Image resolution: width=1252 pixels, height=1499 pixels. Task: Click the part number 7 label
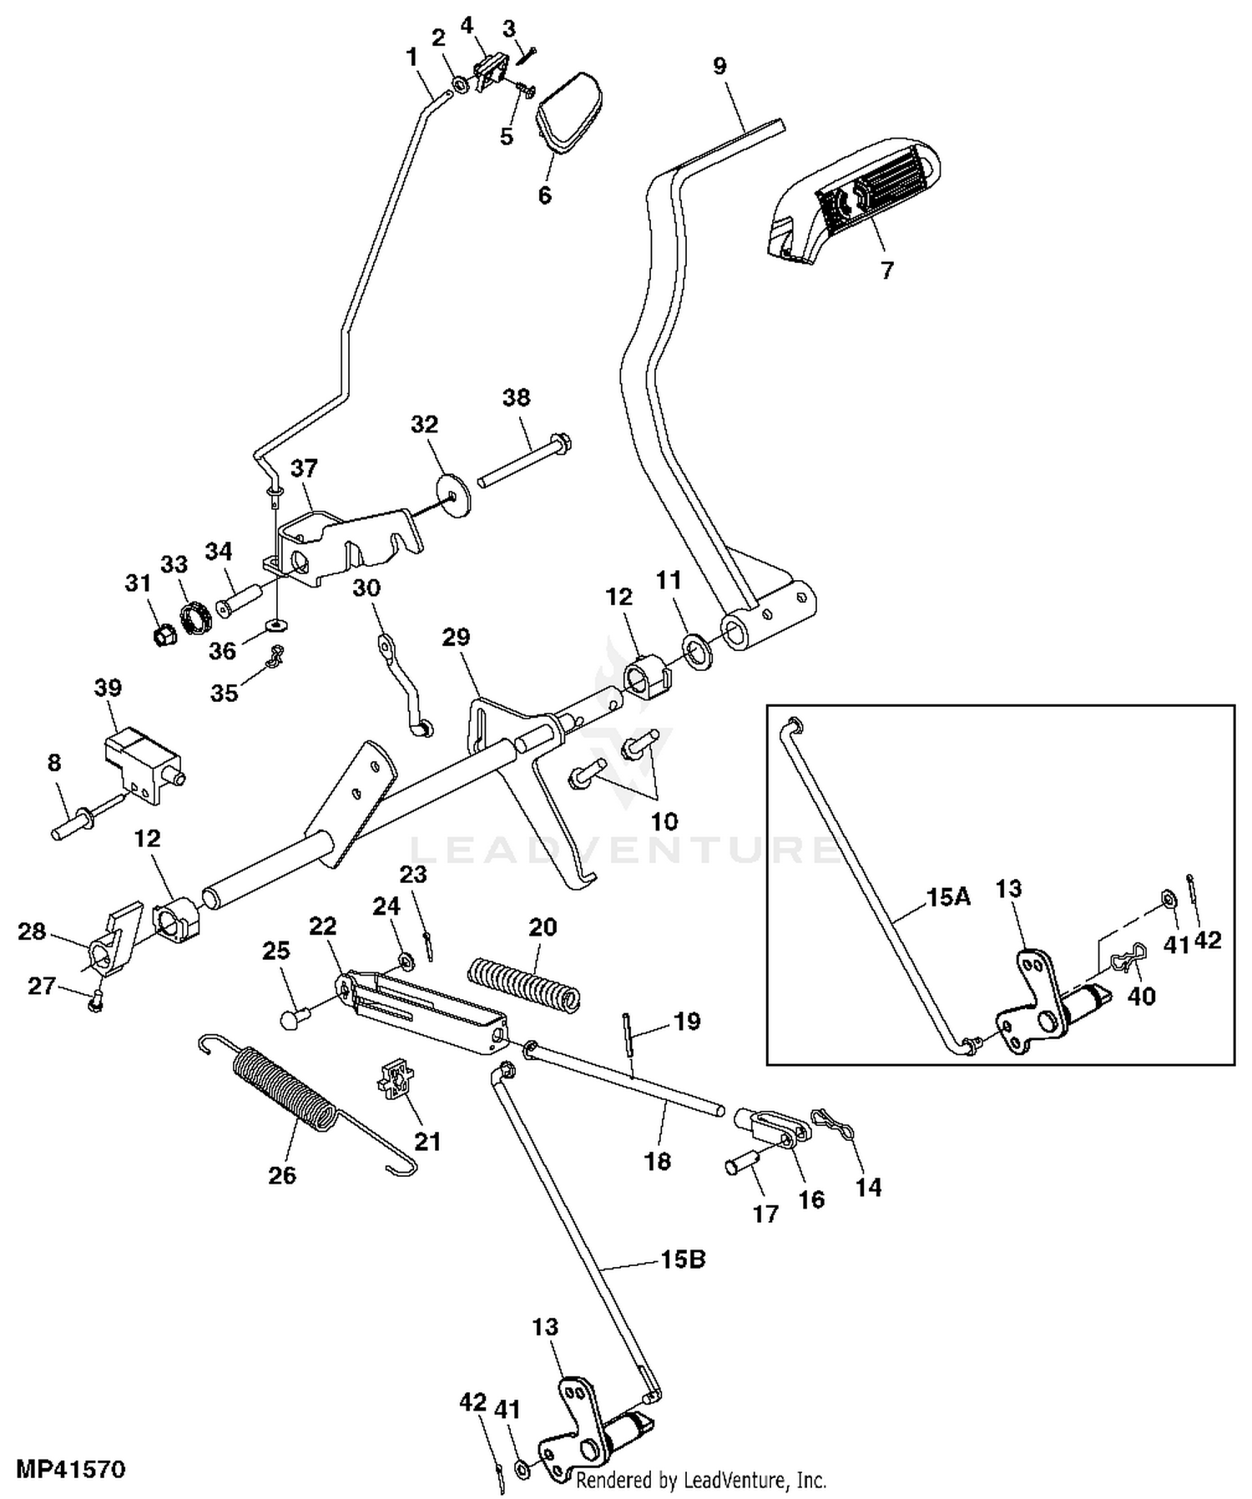point(886,270)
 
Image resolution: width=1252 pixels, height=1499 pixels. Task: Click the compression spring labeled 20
point(523,985)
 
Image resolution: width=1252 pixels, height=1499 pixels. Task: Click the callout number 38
point(517,397)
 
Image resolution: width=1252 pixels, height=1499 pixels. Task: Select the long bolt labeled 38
point(523,459)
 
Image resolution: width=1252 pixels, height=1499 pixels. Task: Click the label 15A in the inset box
point(949,898)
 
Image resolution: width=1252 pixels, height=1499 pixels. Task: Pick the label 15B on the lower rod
point(683,1259)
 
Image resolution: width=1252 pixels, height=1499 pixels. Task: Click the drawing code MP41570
point(71,1468)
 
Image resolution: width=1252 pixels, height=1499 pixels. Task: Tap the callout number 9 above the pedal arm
point(719,67)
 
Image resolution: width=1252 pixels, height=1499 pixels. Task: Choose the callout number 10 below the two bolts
point(664,821)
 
